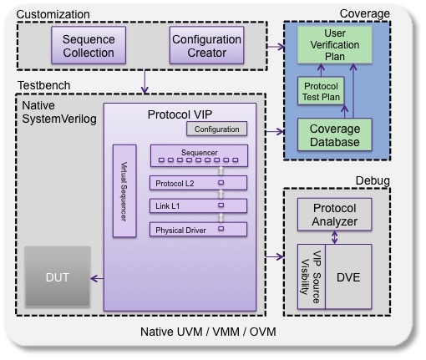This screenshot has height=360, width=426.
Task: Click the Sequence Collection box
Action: click(x=89, y=45)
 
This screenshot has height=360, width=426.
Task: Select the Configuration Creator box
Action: click(x=206, y=45)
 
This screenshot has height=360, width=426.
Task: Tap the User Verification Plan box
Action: click(x=335, y=45)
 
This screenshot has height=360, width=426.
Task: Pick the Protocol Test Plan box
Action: click(x=321, y=91)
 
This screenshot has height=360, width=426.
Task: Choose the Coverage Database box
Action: click(x=335, y=134)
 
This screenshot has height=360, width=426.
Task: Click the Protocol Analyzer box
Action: click(x=335, y=215)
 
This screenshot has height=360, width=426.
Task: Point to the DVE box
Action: click(x=348, y=276)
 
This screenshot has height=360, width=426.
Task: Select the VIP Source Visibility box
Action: click(x=312, y=276)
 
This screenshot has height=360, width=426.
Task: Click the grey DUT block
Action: click(x=58, y=276)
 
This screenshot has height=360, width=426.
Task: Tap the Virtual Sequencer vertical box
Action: click(x=124, y=191)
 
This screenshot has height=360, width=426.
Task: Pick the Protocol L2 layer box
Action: click(x=198, y=183)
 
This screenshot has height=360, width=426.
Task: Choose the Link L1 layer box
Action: click(x=198, y=205)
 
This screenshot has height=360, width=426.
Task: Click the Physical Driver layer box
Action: click(x=198, y=230)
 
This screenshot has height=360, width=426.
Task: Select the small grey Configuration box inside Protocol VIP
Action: click(x=216, y=129)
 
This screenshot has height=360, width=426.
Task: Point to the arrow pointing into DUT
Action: click(x=97, y=278)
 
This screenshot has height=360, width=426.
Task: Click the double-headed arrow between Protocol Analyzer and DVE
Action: click(x=335, y=237)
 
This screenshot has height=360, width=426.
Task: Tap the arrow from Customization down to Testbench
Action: click(x=145, y=82)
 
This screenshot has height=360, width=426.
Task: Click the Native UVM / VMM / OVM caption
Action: click(x=208, y=332)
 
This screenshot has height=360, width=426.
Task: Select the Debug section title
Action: click(x=373, y=180)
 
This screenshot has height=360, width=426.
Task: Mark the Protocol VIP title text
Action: click(x=180, y=114)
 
